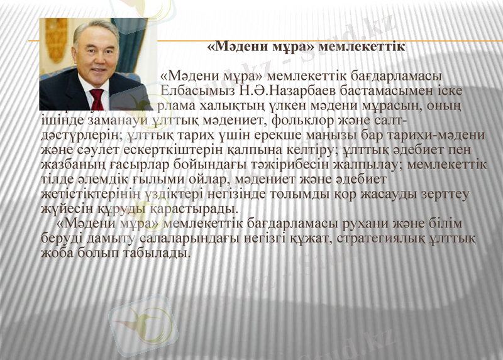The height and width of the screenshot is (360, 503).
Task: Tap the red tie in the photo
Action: [97, 97]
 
